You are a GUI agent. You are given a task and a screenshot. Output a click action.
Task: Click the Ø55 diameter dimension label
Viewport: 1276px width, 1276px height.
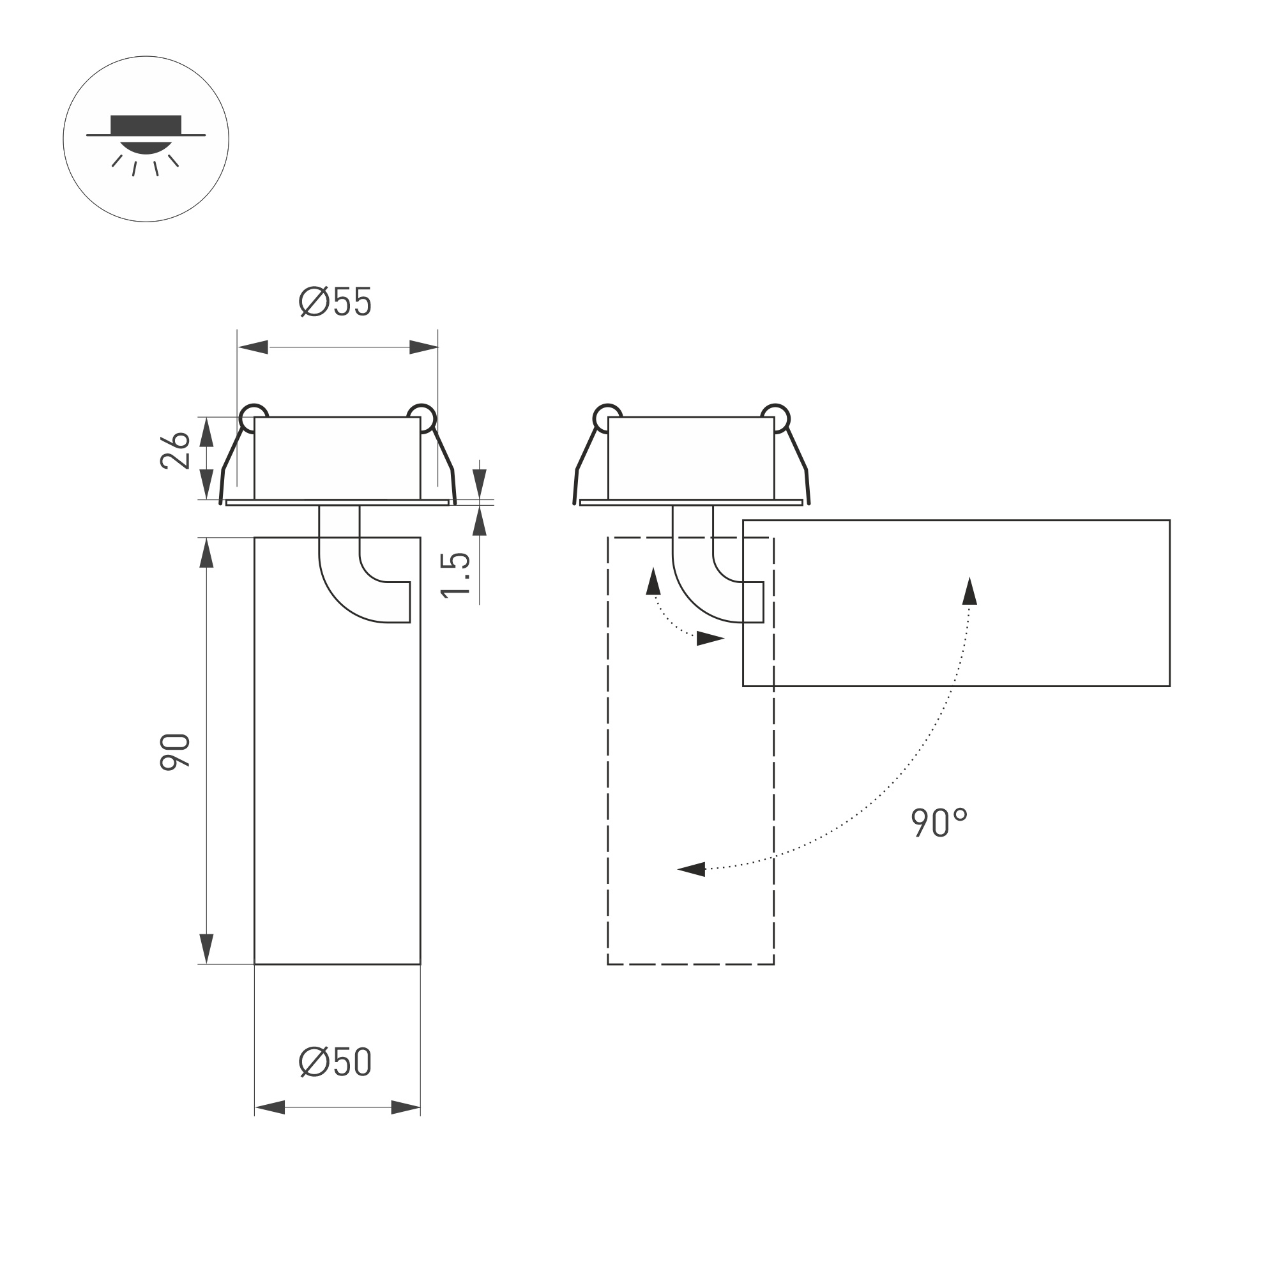[335, 303]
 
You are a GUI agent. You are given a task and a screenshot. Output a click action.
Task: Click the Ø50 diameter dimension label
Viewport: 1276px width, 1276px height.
[335, 1062]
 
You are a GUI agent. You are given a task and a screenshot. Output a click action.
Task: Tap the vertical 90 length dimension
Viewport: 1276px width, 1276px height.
[175, 752]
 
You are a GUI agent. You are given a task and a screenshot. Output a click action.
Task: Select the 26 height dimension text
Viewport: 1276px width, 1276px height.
[175, 451]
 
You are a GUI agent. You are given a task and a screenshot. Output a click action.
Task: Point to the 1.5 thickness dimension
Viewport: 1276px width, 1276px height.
[456, 575]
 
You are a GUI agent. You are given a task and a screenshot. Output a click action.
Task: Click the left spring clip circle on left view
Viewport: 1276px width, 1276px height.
[253, 418]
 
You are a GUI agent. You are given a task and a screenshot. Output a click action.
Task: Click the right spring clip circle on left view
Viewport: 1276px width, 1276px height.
[422, 418]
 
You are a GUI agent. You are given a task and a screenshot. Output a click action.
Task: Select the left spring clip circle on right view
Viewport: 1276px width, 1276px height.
[606, 418]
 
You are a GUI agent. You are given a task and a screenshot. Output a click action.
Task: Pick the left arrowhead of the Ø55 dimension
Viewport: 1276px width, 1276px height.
[254, 347]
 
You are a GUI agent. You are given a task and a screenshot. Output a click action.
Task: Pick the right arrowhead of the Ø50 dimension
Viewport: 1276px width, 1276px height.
[406, 1107]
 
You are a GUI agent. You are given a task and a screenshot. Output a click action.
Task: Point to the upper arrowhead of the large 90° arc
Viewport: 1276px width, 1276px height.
[969, 592]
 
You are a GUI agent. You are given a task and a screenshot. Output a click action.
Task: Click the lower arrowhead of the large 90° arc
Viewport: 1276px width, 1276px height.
[692, 869]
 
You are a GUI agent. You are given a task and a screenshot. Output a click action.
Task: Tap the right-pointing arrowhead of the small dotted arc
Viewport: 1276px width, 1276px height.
[710, 639]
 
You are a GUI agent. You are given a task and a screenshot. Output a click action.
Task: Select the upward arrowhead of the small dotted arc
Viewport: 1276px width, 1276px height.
[653, 582]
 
